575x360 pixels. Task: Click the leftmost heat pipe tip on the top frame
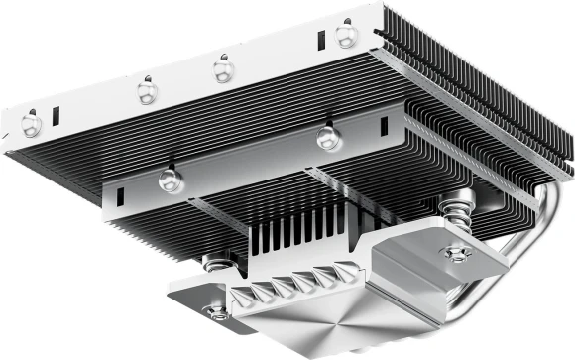point(32,123)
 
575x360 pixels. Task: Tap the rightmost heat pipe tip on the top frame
point(346,37)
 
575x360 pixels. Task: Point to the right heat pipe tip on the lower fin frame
point(329,138)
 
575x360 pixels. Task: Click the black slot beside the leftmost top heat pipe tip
point(57,115)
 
